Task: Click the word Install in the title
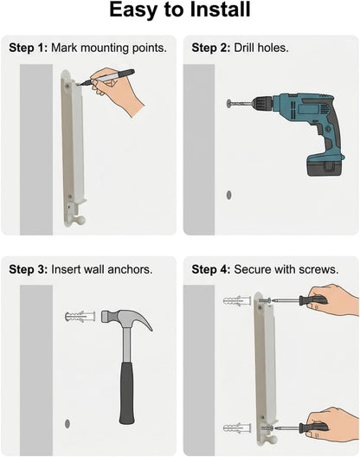(x=220, y=10)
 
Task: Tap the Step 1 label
(x=28, y=48)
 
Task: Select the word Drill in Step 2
(x=244, y=48)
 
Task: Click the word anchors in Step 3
(x=130, y=269)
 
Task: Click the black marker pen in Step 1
(x=108, y=77)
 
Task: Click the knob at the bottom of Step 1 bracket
(x=80, y=220)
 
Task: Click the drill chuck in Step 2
(x=262, y=104)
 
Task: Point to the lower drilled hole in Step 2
(x=228, y=195)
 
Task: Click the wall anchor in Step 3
(x=80, y=317)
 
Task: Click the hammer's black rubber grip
(x=127, y=394)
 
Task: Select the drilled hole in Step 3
(x=67, y=423)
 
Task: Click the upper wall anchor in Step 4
(x=237, y=300)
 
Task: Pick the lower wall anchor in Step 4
(x=237, y=428)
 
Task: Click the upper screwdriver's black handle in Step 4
(x=312, y=299)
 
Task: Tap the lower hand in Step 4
(x=335, y=426)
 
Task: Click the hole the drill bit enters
(x=229, y=103)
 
